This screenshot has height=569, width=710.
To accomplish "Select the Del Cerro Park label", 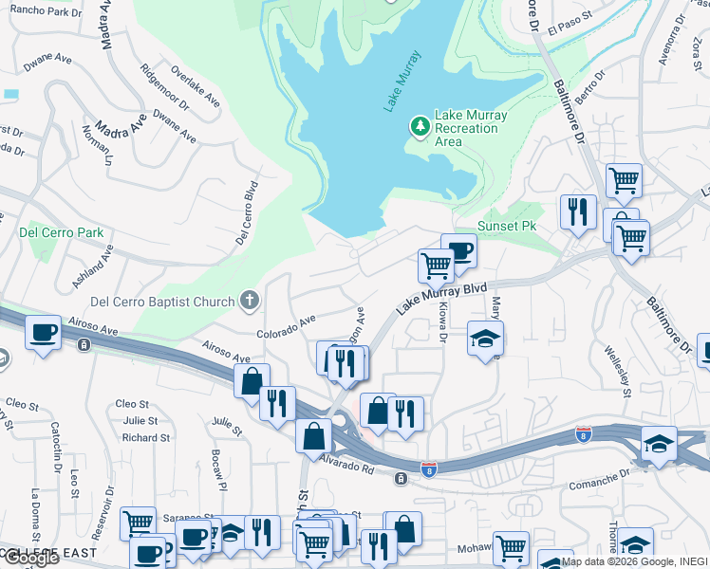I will pos(62,232).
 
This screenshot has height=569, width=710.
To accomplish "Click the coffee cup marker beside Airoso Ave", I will pos(45,334).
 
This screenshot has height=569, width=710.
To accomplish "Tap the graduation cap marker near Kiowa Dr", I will pos(485,338).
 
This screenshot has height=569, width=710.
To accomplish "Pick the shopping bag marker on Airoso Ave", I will pos(252,381).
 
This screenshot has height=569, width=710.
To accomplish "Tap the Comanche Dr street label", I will pos(599,480).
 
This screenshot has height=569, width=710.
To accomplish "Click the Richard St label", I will pos(145,438).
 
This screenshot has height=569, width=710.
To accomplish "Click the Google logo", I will pos(31,557).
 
